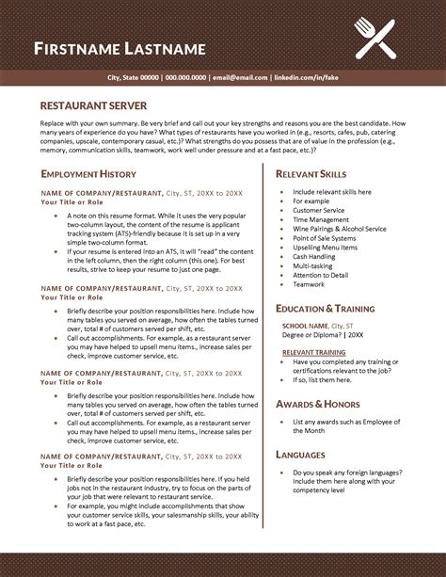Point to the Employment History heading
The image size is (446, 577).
88,174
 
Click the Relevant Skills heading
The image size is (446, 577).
311,174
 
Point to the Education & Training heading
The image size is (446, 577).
325,309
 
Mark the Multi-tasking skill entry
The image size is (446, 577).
313,264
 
